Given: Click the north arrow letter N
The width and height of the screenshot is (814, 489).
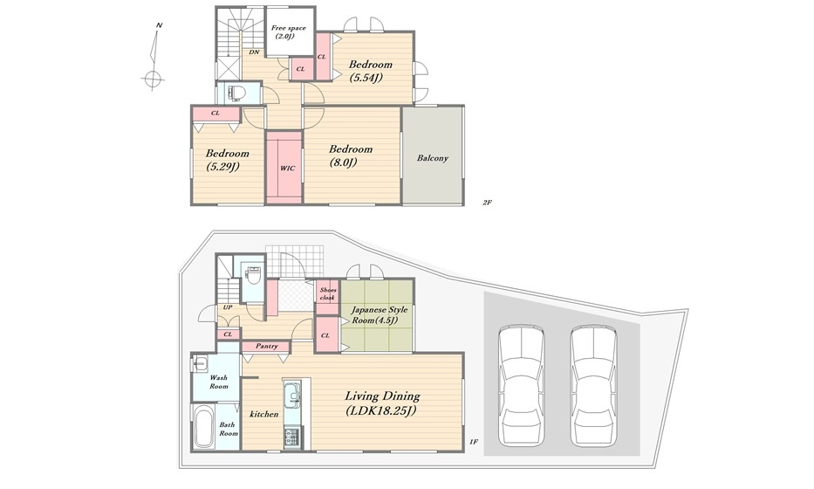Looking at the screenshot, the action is tap(160, 25).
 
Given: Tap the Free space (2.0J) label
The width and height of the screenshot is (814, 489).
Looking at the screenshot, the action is tap(288, 32).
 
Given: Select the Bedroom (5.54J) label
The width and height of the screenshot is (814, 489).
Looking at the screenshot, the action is tap(370, 72).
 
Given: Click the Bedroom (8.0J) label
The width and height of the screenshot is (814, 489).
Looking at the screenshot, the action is tap(351, 155).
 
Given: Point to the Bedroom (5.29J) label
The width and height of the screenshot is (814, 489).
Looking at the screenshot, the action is tap(228, 160).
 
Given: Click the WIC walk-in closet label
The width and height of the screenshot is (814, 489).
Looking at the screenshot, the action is tap(287, 169).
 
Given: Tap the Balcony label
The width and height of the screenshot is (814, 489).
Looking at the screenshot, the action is tap(433, 158).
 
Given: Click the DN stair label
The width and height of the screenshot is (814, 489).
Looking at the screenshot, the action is tap(254, 52).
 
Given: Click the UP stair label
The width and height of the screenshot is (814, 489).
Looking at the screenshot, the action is tap(228, 307).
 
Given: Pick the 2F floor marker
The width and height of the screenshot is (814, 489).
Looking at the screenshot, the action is tap(487, 203).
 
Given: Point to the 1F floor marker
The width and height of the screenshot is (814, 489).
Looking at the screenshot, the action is tap(473, 442).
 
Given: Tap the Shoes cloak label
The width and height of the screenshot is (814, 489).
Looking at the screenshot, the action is tap(327, 293).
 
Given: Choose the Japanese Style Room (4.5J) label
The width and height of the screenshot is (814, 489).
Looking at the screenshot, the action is tap(379, 315).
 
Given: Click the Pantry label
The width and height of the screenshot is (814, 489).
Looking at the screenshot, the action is tap(267, 346).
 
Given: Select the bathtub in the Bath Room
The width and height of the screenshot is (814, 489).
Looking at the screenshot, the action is tap(204, 427).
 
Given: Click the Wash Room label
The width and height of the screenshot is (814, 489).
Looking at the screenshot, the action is tap(219, 382).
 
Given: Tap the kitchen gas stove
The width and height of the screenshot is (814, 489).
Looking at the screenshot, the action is tap(291, 437).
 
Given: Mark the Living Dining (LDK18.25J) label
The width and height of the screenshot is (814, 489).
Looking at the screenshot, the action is tap(383, 403).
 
